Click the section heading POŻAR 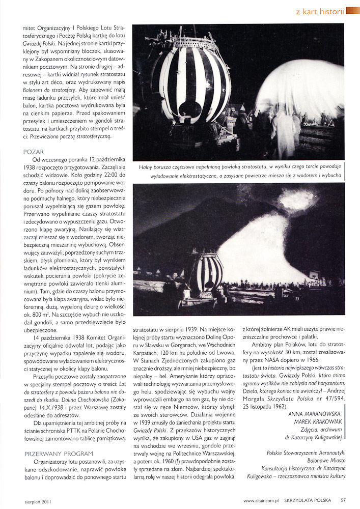pyautogui.click(x=34, y=152)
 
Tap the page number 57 pyautogui.click(x=344, y=500)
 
